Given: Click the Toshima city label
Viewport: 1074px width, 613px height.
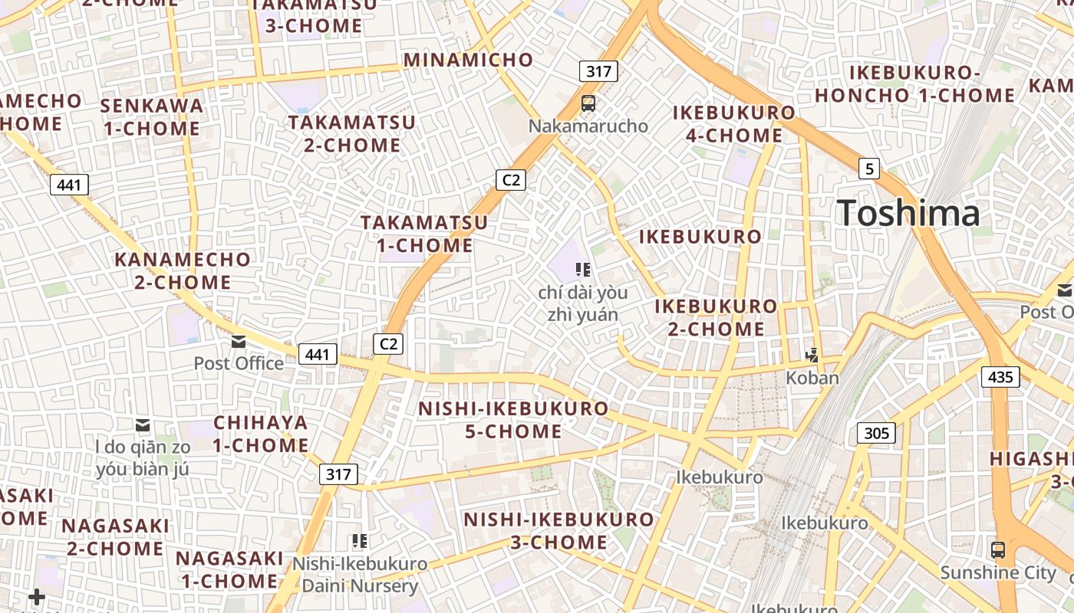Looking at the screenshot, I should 908,212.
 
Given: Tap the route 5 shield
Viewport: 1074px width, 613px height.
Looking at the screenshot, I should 868,169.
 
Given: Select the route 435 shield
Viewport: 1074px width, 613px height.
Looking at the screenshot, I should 1000,376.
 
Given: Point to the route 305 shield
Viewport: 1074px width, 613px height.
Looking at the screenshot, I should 876,433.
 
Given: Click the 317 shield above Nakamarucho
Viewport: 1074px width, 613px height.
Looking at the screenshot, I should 598,72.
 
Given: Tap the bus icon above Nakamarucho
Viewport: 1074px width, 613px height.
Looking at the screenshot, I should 588,103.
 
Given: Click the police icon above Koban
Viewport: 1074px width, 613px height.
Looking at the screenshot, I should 812,355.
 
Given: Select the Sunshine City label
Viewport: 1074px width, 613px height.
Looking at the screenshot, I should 998,572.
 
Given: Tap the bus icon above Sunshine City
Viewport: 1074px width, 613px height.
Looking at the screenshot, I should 998,549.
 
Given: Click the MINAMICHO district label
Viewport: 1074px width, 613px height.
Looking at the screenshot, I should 468,60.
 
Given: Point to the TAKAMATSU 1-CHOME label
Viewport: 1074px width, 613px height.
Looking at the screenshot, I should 424,234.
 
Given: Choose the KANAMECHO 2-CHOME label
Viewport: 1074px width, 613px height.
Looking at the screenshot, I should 183,270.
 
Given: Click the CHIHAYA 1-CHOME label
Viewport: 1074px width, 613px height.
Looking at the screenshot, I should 261,433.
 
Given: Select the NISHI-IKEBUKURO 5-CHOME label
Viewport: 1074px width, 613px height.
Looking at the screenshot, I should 513,419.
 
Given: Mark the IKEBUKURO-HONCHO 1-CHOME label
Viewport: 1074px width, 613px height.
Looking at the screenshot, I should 914,84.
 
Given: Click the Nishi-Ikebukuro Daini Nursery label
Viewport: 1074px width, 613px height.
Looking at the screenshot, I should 360,575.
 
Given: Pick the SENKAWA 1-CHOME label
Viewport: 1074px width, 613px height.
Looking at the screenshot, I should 152,116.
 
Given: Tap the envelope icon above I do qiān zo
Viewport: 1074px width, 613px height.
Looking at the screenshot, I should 143,425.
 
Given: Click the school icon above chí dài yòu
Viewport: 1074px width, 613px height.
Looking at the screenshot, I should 583,269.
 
